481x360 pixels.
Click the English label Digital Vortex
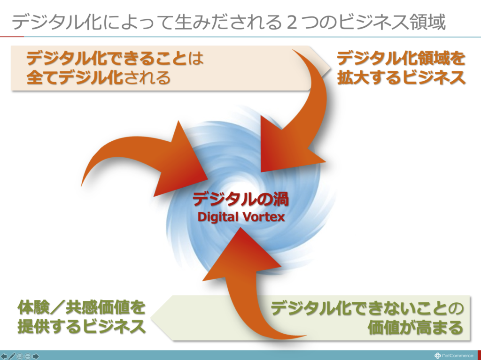241,217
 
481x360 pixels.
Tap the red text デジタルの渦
240,199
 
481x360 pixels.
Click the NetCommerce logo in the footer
454,356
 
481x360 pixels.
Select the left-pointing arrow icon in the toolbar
4,356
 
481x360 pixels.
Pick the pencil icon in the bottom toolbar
12,356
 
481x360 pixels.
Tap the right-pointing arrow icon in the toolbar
36,356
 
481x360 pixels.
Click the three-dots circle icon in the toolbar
28,356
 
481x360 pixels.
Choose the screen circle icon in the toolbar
20,356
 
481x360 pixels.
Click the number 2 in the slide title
292,23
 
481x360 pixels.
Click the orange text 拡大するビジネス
401,77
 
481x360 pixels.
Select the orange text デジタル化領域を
401,58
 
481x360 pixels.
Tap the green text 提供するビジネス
81,326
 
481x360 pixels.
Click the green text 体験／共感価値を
81,307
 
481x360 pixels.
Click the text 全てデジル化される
99,77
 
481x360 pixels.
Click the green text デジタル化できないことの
367,308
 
